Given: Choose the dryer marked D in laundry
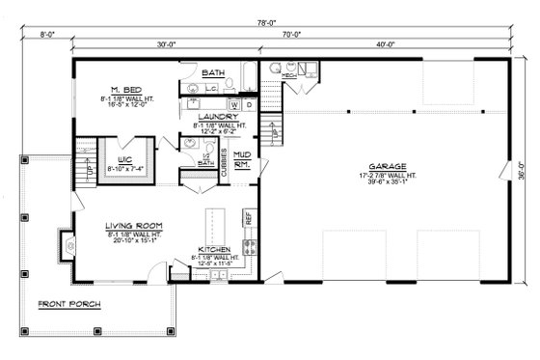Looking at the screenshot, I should coord(249,104).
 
